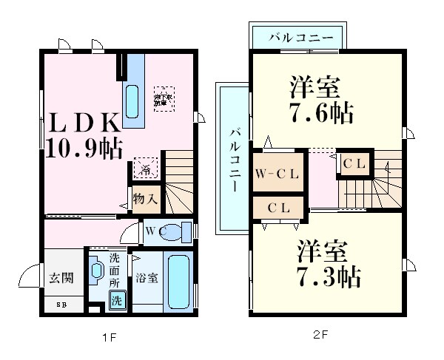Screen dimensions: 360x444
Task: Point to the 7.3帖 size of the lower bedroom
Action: (x=331, y=277)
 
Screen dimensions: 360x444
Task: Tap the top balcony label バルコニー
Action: (x=295, y=36)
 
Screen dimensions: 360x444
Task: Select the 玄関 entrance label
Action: (x=61, y=278)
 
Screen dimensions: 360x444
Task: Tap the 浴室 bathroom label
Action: (x=146, y=279)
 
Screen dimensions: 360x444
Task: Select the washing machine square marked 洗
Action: (x=117, y=300)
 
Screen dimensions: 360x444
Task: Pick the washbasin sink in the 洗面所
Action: (x=97, y=271)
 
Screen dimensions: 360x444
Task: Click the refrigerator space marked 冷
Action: (x=145, y=169)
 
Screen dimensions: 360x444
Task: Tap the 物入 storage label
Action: (x=145, y=198)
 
